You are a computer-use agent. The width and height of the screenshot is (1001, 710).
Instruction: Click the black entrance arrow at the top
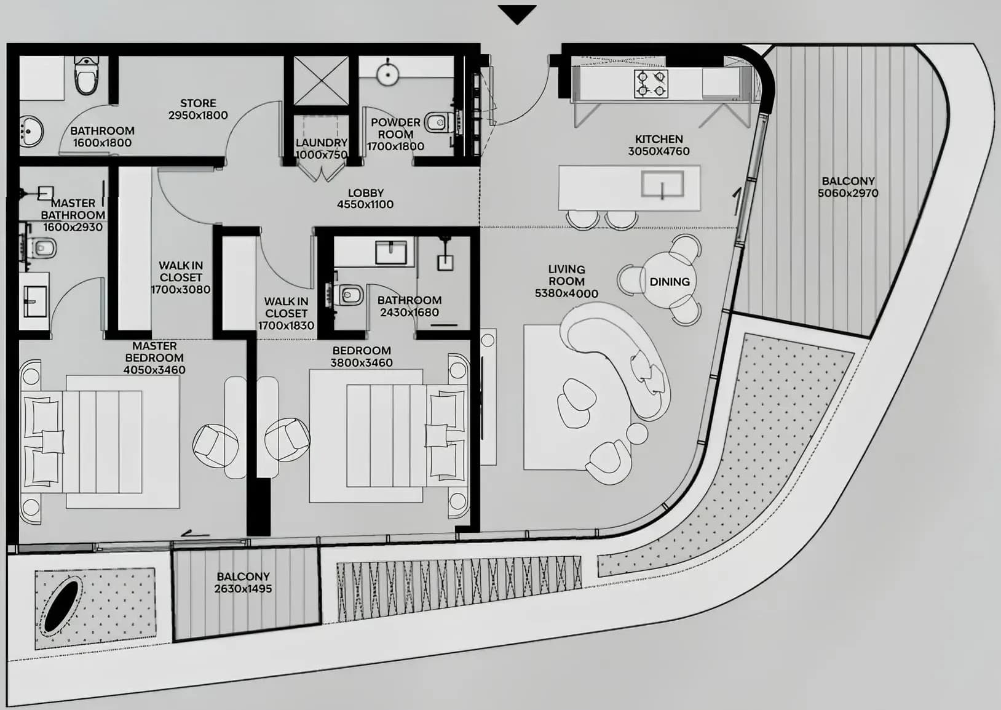[517, 14]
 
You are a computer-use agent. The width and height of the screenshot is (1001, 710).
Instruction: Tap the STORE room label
[198, 103]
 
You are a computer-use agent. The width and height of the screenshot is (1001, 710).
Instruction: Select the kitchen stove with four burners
[651, 84]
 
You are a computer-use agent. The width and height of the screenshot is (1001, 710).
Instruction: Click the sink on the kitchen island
[662, 184]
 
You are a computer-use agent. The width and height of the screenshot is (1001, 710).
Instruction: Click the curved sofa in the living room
[617, 357]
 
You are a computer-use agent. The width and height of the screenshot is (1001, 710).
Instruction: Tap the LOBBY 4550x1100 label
[366, 199]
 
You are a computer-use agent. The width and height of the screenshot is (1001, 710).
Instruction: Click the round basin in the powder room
[387, 74]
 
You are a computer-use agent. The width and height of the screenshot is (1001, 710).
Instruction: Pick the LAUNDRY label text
[322, 143]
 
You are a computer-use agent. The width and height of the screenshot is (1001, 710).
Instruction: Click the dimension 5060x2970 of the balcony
[848, 193]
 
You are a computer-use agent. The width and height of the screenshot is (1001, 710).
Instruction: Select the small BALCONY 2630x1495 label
[243, 583]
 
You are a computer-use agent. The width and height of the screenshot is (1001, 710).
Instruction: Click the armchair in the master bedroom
[215, 446]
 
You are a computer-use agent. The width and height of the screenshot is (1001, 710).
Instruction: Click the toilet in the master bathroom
[42, 248]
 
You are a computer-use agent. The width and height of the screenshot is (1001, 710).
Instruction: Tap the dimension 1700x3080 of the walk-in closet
[181, 290]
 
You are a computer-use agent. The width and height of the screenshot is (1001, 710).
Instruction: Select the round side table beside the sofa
[637, 433]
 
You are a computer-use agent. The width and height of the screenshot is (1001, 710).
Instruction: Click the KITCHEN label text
[659, 139]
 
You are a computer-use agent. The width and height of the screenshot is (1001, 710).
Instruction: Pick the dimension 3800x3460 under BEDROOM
[362, 363]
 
